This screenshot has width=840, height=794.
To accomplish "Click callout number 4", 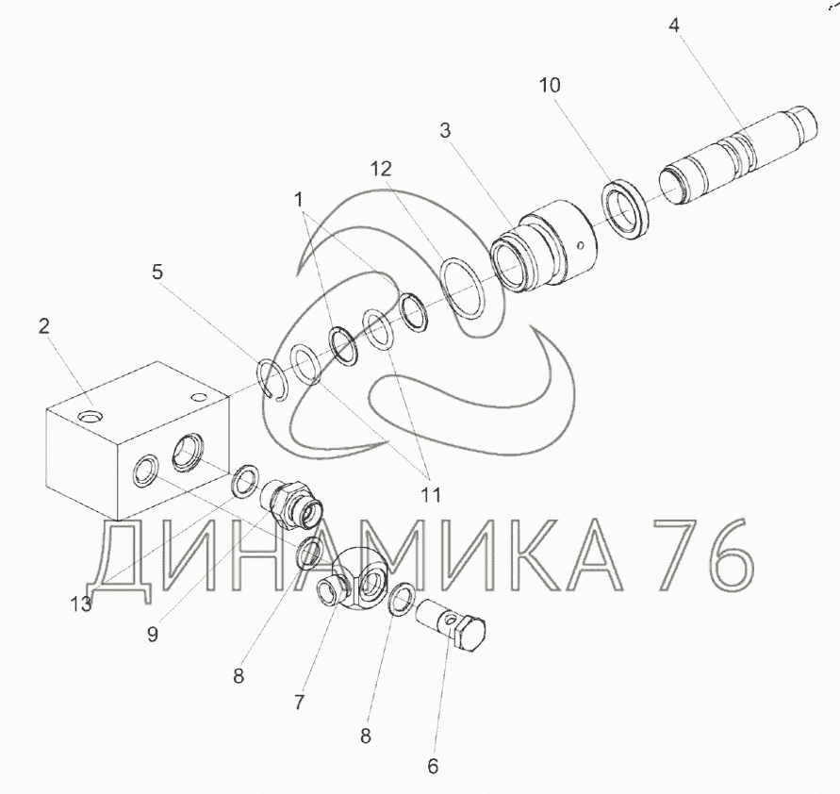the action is tap(674, 25).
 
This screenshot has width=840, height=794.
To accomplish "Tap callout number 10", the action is tap(549, 85).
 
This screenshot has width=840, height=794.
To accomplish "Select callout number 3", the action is tap(445, 130).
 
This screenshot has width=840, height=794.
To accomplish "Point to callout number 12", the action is tap(382, 170).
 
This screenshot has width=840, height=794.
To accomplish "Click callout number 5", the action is tap(156, 273).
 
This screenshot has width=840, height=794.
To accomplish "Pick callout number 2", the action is tap(44, 326).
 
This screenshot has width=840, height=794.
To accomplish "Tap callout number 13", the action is tap(81, 604).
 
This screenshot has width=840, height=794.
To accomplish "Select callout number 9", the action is tap(153, 635).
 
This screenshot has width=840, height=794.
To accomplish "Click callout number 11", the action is tap(431, 495).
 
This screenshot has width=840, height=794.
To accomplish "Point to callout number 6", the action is tap(433, 767).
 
